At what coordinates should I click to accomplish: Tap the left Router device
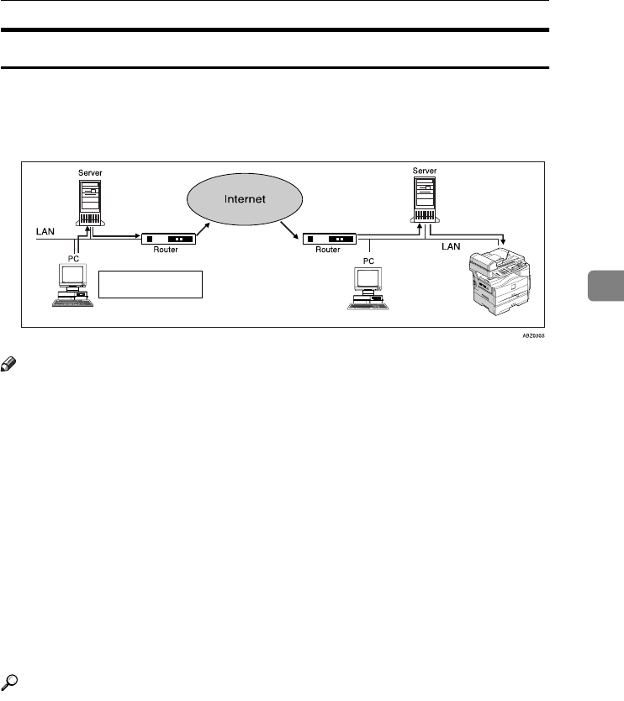click(168, 240)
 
